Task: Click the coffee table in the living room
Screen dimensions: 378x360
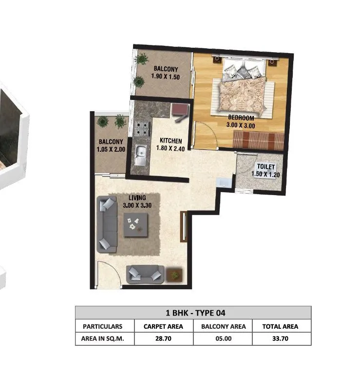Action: coord(136,225)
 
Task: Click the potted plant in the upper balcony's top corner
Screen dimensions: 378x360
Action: coord(142,60)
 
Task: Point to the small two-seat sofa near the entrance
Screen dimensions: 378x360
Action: coord(145,275)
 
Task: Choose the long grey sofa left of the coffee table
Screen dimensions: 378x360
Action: coord(107,224)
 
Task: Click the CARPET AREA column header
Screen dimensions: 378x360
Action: coord(163,326)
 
